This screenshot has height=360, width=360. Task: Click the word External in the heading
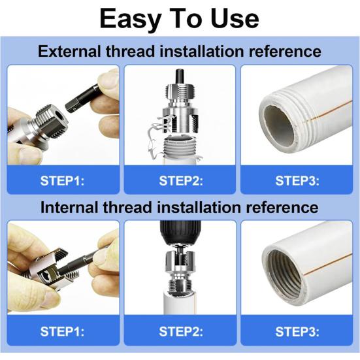pos(69,51)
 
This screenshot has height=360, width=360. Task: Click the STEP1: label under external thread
pos(62,181)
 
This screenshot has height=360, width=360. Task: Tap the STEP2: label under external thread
pos(181,181)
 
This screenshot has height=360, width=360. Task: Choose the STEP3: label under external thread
pos(297,181)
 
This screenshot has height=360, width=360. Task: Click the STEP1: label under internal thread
pos(62,331)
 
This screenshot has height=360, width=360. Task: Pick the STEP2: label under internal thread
pos(181,331)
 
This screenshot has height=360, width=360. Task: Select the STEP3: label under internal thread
pos(297,331)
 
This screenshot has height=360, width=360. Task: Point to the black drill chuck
pos(180,233)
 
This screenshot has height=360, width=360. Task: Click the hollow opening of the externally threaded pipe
pos(279,126)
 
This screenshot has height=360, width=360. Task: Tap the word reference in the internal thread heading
pos(282,207)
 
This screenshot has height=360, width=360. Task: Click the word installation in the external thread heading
pos(202,51)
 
